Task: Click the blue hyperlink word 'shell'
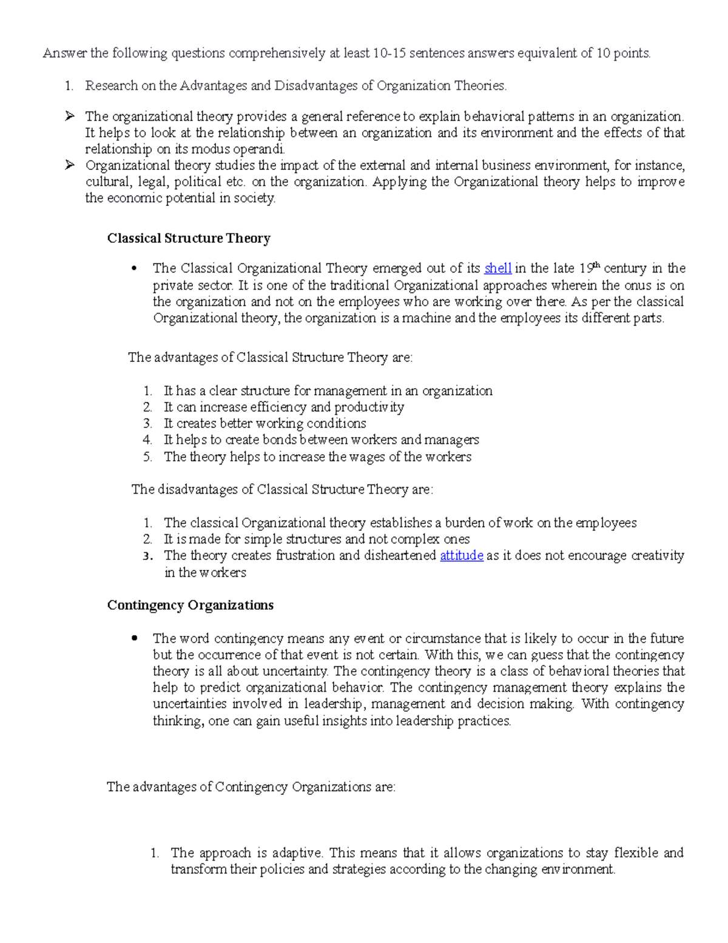(x=497, y=268)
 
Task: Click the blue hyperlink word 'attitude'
(x=461, y=556)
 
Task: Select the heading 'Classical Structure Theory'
(x=189, y=238)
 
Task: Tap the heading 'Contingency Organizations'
(x=190, y=605)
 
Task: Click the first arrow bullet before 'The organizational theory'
(x=70, y=116)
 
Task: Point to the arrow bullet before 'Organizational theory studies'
(x=70, y=165)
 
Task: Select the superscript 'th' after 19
(x=596, y=265)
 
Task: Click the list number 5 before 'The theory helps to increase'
(x=147, y=457)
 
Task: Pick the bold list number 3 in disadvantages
(x=147, y=556)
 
